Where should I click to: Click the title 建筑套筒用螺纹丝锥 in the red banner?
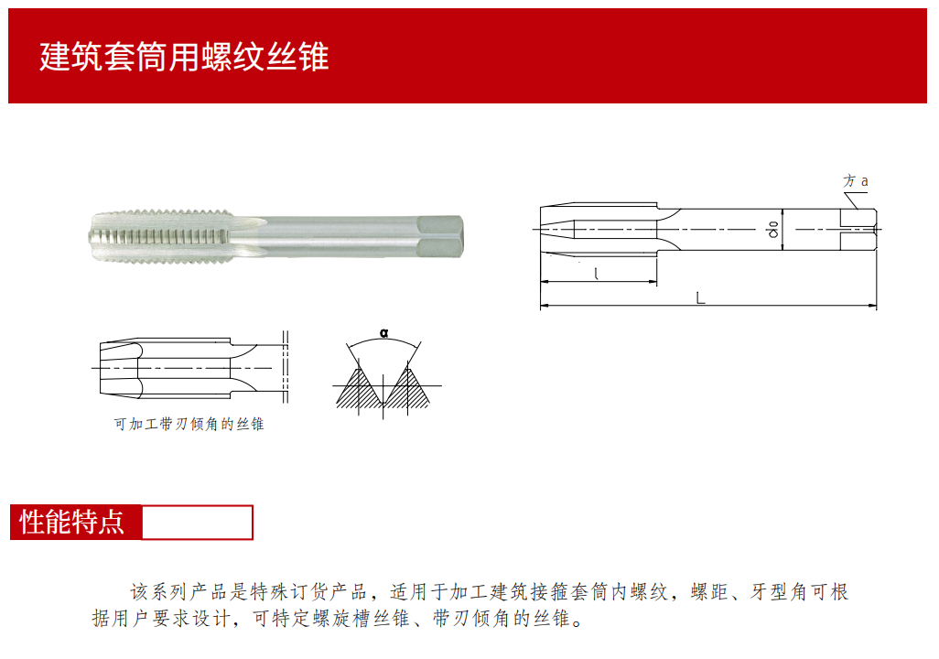coord(184,57)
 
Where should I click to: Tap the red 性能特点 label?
coord(73,522)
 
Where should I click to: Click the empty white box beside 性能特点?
coord(197,523)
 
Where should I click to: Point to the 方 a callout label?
coord(855,181)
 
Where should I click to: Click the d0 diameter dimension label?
coord(773,230)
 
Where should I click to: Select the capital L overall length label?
coord(700,297)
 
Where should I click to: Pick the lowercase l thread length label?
coord(596,274)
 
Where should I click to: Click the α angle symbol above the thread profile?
coord(383,333)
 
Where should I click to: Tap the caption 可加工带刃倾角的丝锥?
coord(189,424)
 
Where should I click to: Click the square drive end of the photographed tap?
coord(440,237)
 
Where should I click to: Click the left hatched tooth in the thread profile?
coord(359,390)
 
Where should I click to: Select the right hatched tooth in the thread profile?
coord(408,390)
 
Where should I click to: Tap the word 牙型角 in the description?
coord(779,592)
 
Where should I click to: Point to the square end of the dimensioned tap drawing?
coord(858,230)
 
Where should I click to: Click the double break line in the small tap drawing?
coord(286,367)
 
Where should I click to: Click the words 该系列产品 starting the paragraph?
coord(179,592)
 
